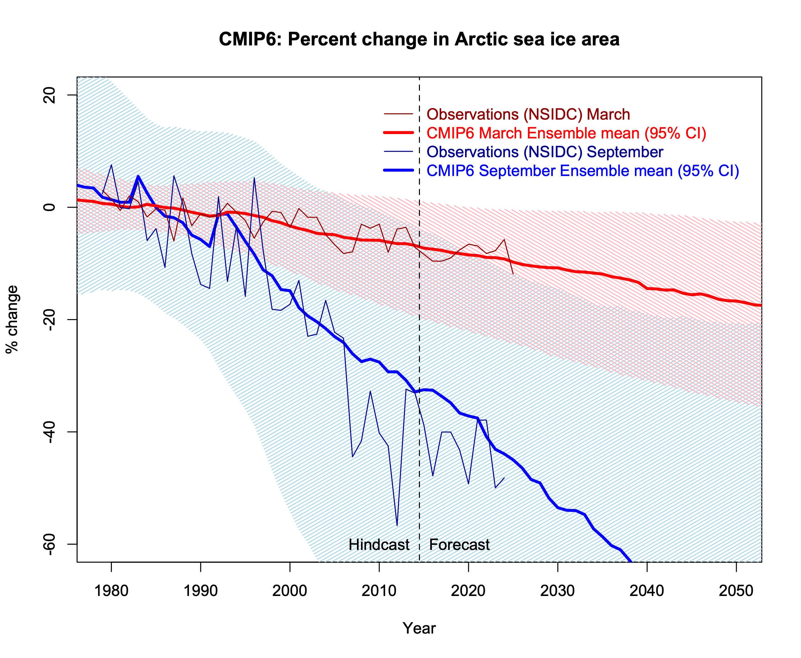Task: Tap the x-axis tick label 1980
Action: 111,591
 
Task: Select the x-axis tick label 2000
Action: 290,591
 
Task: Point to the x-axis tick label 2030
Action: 558,591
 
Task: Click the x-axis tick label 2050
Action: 736,591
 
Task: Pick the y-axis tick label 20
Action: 49,95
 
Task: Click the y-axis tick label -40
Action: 49,432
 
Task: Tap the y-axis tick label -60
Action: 49,544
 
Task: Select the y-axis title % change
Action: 12,319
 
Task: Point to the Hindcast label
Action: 379,545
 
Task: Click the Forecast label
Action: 459,545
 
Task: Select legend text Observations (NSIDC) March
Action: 528,114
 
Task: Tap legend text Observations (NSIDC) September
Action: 545,152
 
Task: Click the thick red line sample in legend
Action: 398,133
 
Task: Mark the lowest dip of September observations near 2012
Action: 397,525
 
